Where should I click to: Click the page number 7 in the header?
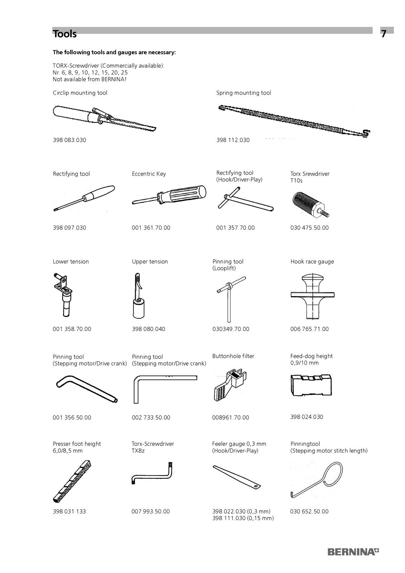pos(384,34)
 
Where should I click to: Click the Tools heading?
pos(65,34)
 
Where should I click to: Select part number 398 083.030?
pos(69,140)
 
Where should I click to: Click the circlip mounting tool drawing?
pos(104,118)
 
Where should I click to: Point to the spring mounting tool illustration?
pos(294,120)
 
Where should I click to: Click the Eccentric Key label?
pos(149,174)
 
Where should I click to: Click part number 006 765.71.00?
pos(309,329)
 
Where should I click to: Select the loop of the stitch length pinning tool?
pos(329,475)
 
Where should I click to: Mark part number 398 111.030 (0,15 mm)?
pos(243,518)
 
